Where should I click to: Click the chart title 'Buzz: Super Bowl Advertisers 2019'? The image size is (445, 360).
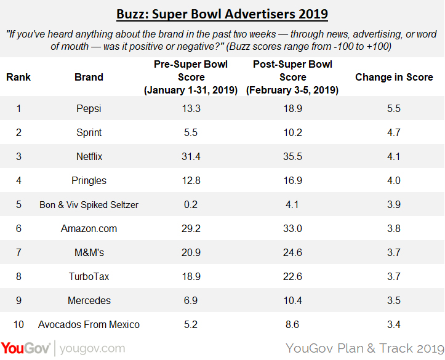pyautogui.click(x=222, y=13)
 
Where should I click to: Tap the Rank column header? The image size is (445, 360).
pyautogui.click(x=18, y=78)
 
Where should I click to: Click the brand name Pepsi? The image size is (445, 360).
pyautogui.click(x=89, y=108)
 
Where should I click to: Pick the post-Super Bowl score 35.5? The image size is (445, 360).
pyautogui.click(x=292, y=156)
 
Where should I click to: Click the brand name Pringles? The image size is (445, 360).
pyautogui.click(x=89, y=180)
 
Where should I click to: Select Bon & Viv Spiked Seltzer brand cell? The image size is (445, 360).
pyautogui.click(x=89, y=204)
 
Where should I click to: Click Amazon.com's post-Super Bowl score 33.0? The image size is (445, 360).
pyautogui.click(x=292, y=228)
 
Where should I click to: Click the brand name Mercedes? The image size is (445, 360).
pyautogui.click(x=89, y=300)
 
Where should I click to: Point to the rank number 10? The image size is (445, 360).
pyautogui.click(x=18, y=324)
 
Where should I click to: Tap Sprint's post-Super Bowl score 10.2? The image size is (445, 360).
pyautogui.click(x=292, y=132)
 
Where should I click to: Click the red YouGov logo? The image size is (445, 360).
pyautogui.click(x=26, y=348)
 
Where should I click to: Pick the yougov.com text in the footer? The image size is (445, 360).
pyautogui.click(x=92, y=348)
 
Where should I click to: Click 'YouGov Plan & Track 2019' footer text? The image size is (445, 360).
pyautogui.click(x=364, y=348)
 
